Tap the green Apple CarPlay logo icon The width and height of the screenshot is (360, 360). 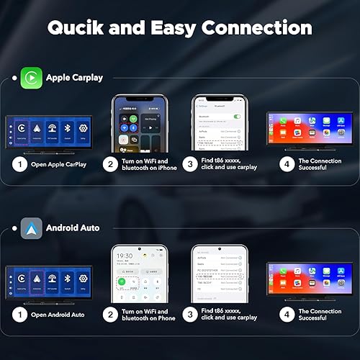[x=30, y=76]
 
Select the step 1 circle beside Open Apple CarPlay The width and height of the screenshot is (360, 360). [x=20, y=165]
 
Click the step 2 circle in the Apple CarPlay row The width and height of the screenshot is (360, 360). [x=110, y=165]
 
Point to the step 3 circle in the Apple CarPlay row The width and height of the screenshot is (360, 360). [x=190, y=165]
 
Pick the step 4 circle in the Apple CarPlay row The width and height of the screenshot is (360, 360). [x=286, y=165]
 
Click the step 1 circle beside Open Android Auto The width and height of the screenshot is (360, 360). [x=20, y=314]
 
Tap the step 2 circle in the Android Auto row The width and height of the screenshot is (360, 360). [x=110, y=314]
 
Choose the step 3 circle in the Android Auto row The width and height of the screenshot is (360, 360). [x=190, y=314]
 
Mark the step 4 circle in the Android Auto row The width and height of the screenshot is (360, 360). [x=286, y=314]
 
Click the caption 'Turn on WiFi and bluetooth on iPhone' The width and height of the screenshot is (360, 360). [x=147, y=165]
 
